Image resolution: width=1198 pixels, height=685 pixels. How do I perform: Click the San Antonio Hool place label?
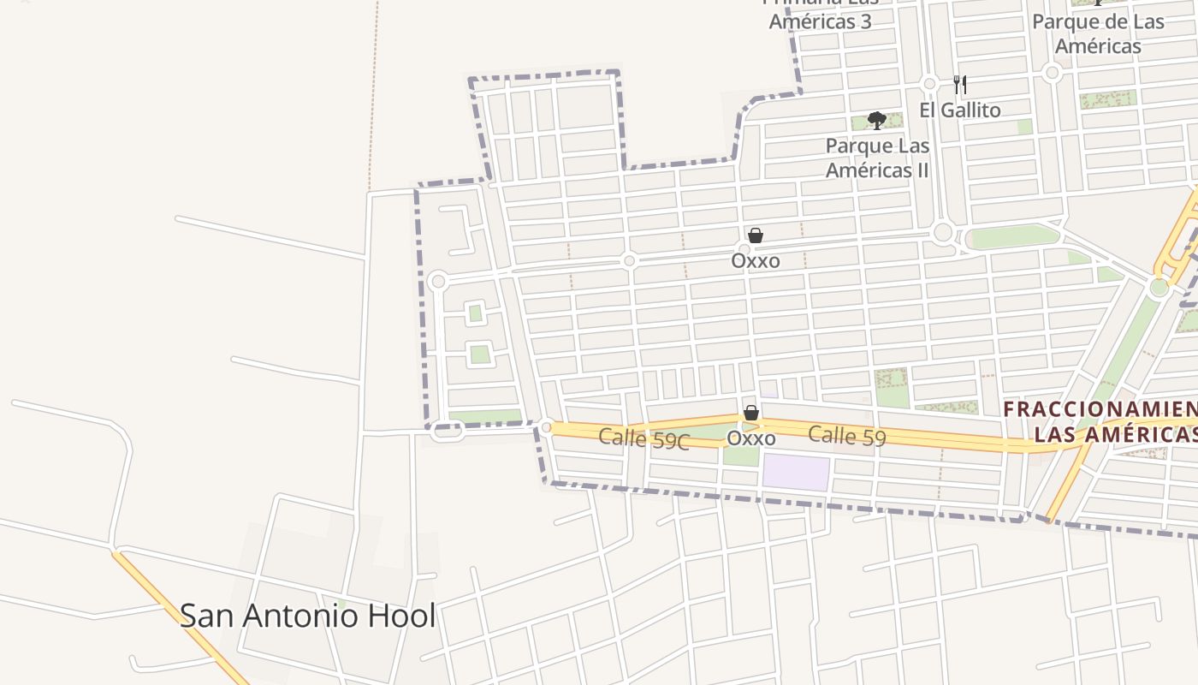click(x=307, y=616)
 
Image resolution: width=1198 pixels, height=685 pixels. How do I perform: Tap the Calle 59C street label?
click(x=643, y=438)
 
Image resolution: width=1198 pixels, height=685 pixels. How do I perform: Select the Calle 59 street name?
click(x=846, y=436)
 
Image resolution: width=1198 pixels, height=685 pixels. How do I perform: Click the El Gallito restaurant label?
click(x=960, y=110)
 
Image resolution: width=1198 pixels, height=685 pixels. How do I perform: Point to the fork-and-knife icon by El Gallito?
click(x=960, y=84)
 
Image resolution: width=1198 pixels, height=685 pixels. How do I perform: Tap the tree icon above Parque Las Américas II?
click(x=876, y=121)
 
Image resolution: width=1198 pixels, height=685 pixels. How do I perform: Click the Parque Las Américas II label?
click(x=877, y=158)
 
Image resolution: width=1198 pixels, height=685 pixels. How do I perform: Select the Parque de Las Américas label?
click(x=1099, y=33)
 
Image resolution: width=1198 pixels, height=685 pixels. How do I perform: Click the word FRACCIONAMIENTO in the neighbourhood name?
click(x=1100, y=409)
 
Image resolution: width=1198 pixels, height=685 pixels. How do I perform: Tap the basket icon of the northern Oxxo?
click(x=756, y=235)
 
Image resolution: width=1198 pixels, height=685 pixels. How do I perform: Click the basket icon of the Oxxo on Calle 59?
click(x=751, y=414)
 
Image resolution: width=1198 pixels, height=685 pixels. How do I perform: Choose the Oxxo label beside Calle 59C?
click(x=751, y=438)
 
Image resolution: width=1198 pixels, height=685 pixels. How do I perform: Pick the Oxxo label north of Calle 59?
click(x=756, y=260)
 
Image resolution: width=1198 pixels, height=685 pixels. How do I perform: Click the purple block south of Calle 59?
click(x=796, y=473)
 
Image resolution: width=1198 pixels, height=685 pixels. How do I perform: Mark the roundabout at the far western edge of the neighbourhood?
click(x=438, y=281)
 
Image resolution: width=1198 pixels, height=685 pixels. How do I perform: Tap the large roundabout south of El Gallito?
click(x=943, y=232)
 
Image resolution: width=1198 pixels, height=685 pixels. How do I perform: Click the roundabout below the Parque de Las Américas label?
click(x=1053, y=74)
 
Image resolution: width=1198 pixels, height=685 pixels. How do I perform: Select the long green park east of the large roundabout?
click(x=1015, y=237)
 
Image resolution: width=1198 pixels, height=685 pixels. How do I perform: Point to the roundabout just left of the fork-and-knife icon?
click(x=930, y=84)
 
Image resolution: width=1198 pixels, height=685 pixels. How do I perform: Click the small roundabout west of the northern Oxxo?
click(x=629, y=260)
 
